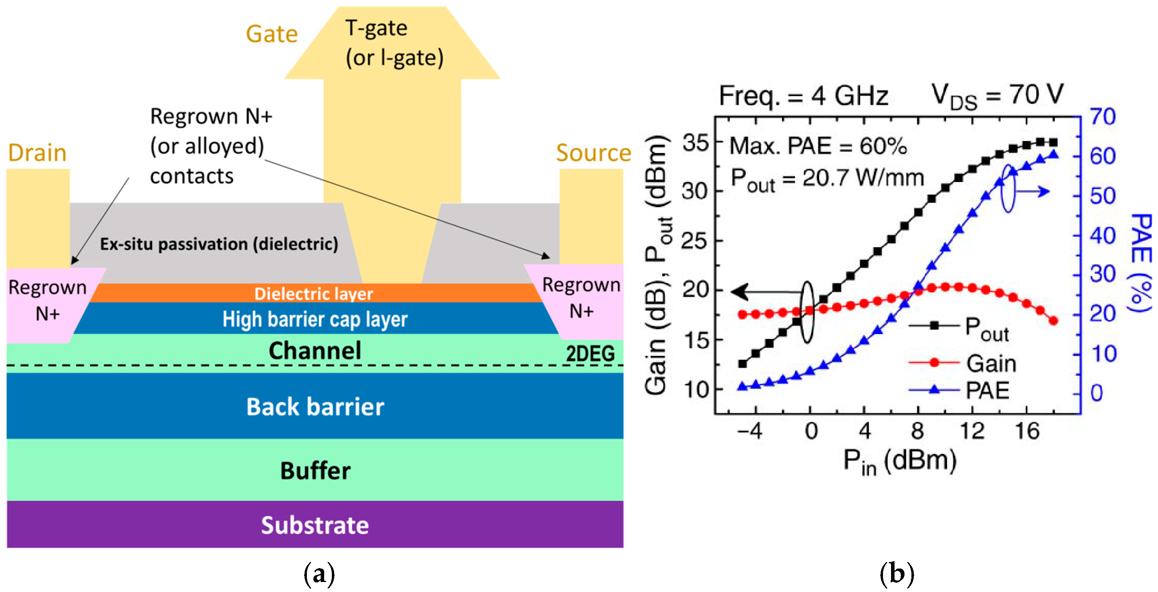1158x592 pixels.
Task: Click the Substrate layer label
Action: point(315,525)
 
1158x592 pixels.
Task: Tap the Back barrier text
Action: point(315,407)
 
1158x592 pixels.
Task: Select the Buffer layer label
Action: point(315,471)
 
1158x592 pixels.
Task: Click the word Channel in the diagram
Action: point(315,351)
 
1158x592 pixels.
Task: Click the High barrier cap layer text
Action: point(315,319)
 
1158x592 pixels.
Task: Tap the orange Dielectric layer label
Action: point(313,294)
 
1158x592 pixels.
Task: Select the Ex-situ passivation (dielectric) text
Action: point(219,244)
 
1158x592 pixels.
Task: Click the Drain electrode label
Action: point(37,153)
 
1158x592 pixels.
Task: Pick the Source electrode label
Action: point(593,153)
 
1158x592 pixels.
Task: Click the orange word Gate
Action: point(272,34)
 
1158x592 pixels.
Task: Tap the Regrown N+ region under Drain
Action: point(47,300)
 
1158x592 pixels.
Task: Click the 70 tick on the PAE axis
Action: point(1103,117)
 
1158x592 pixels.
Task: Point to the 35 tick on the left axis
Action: point(696,143)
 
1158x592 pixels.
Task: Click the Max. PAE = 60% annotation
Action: point(818,146)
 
